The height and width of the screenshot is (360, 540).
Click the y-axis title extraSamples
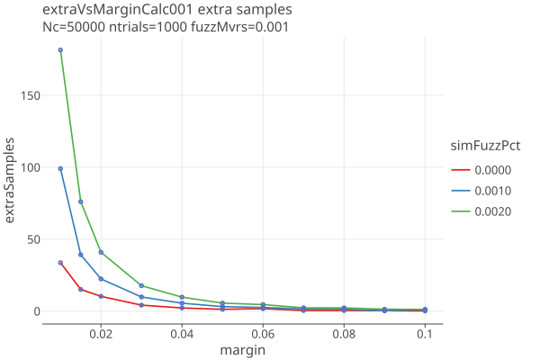(x=11, y=180)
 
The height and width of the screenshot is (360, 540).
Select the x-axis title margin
(x=242, y=349)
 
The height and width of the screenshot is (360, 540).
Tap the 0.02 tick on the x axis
(x=101, y=333)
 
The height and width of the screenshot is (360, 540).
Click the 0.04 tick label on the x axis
(x=182, y=333)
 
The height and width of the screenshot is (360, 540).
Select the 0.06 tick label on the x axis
(x=263, y=333)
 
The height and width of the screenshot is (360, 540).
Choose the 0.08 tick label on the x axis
(x=344, y=333)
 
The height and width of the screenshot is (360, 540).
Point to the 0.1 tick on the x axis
(x=425, y=333)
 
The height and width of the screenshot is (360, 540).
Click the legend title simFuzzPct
(x=486, y=146)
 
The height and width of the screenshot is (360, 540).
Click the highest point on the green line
(x=60, y=50)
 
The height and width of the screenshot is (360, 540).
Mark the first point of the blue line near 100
(x=60, y=168)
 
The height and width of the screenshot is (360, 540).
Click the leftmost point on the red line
(x=60, y=263)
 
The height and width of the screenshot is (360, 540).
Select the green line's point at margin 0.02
(x=101, y=252)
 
